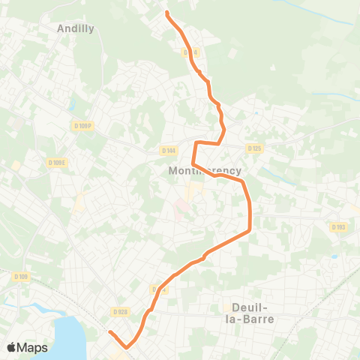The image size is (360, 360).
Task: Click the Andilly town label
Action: [76, 28]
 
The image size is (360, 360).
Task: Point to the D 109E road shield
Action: [57, 162]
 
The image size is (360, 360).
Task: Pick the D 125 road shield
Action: [253, 148]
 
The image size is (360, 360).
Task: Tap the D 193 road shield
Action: [337, 226]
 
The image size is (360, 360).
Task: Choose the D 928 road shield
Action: [120, 311]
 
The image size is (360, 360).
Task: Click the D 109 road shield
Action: [20, 277]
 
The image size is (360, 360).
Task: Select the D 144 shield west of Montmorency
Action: [168, 150]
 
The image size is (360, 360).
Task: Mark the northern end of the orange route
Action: [166, 13]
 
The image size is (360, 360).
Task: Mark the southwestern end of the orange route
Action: [109, 331]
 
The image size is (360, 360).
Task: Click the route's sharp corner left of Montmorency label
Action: [193, 164]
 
